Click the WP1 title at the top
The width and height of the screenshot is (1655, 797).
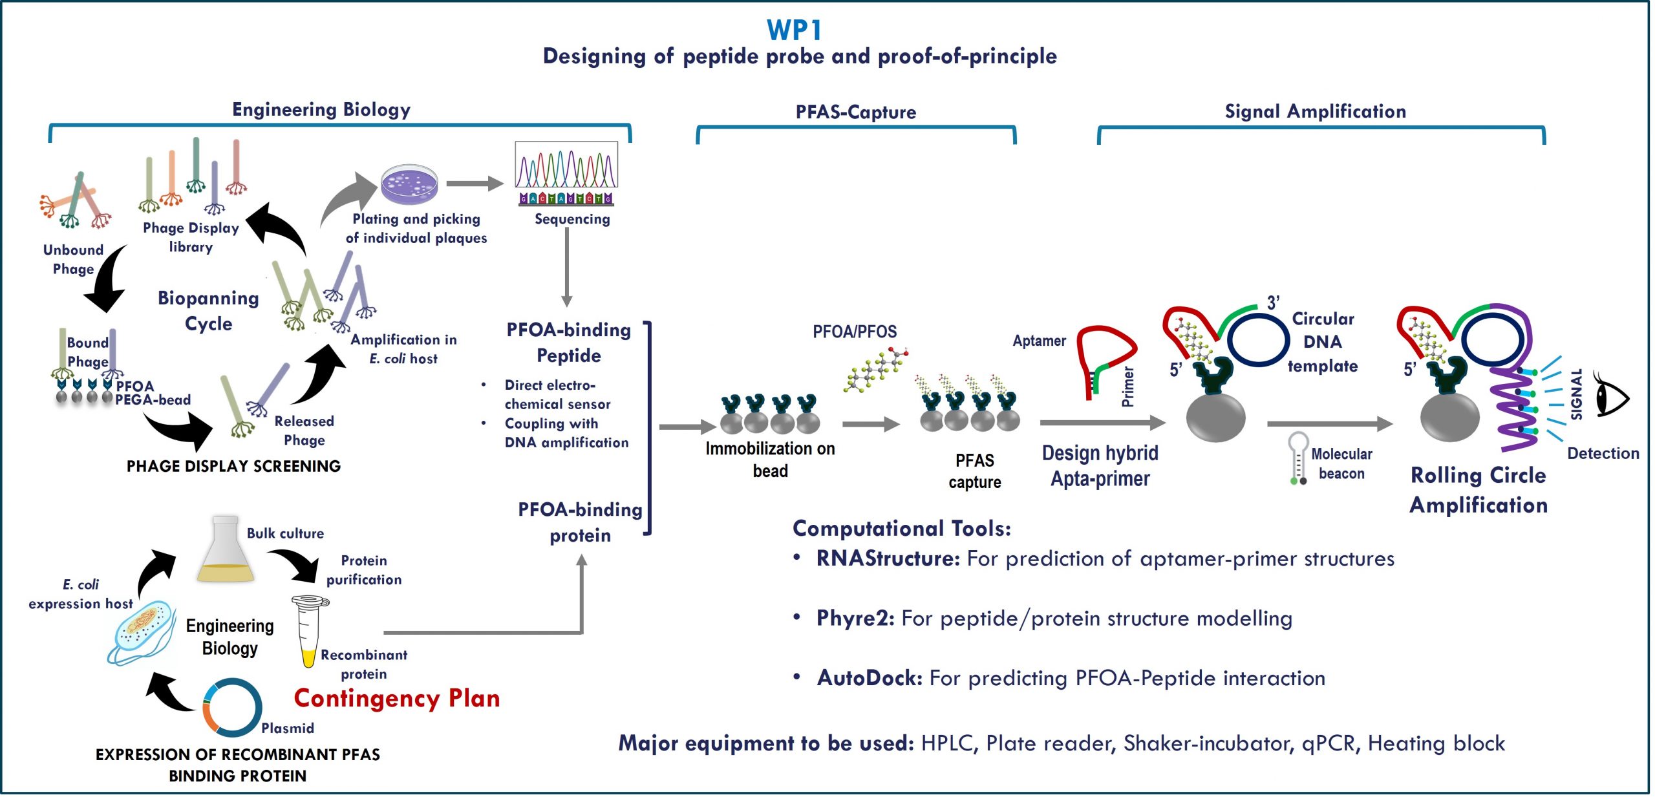click(x=794, y=30)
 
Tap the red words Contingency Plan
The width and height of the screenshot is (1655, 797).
click(x=397, y=699)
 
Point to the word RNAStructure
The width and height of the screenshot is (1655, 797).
click(x=888, y=558)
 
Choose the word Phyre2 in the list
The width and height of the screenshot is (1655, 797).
click(x=855, y=619)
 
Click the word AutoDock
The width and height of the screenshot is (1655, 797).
click(x=870, y=678)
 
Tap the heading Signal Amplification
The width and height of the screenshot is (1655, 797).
click(x=1315, y=111)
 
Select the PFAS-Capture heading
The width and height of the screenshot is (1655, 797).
click(x=855, y=112)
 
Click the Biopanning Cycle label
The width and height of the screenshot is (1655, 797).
click(x=208, y=310)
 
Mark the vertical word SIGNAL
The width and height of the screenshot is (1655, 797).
click(x=1576, y=394)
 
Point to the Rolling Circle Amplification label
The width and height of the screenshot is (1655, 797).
click(x=1478, y=490)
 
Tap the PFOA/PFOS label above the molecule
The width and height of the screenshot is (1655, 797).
click(x=854, y=332)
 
